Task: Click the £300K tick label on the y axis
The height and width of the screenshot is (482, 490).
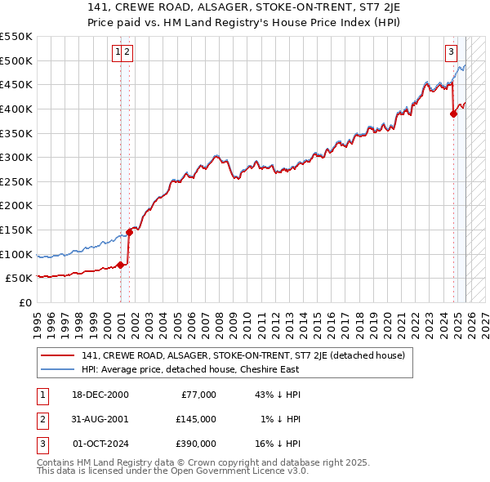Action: click(x=16, y=157)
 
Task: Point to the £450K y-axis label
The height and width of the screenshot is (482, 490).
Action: click(x=16, y=84)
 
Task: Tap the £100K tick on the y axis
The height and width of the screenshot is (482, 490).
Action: click(x=16, y=254)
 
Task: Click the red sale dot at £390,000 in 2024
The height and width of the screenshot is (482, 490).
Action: click(x=453, y=114)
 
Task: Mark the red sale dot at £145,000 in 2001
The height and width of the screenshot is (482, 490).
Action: click(x=129, y=233)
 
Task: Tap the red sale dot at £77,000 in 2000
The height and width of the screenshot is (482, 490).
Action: click(x=120, y=265)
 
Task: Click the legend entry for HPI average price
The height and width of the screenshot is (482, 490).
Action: click(x=189, y=369)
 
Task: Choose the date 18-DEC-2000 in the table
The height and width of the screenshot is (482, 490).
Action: click(x=100, y=395)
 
